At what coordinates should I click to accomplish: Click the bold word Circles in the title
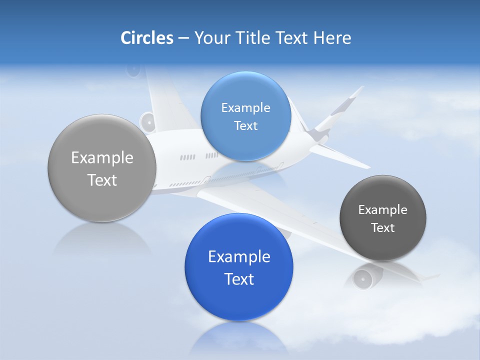click(x=147, y=38)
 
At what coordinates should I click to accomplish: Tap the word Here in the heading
click(x=332, y=38)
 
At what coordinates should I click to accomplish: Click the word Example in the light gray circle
click(x=102, y=158)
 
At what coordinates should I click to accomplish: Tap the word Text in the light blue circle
click(x=245, y=126)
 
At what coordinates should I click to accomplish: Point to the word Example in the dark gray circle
click(x=383, y=210)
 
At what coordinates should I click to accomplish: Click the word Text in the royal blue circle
click(x=239, y=279)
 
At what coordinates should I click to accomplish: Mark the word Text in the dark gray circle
click(x=383, y=228)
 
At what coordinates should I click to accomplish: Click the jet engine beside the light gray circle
click(x=147, y=122)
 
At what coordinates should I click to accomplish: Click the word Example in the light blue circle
click(x=245, y=108)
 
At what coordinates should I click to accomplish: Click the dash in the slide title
click(x=183, y=38)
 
